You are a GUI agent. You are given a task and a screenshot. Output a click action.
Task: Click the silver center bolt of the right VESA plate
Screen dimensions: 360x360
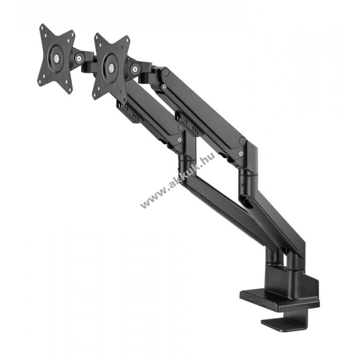[x=111, y=67]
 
